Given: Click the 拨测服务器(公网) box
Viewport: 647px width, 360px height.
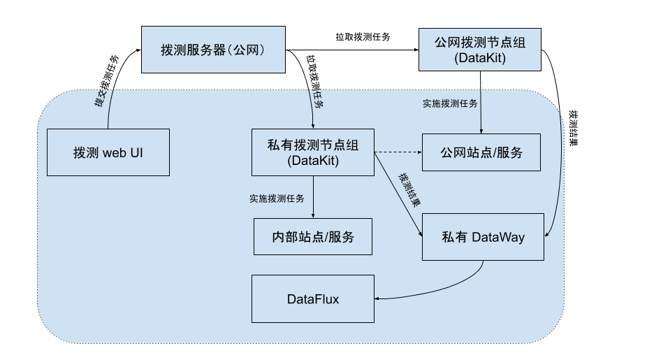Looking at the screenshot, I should [213, 50].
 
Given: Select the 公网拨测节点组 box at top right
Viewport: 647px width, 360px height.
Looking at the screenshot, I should [479, 50].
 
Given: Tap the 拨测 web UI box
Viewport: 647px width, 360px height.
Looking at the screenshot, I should [108, 152].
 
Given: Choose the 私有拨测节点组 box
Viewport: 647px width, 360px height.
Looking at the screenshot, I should [313, 152].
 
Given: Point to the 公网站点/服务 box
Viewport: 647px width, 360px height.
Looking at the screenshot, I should [481, 152].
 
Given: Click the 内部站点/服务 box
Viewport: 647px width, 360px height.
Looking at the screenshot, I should [312, 237].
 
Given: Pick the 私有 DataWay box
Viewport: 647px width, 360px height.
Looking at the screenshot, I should [483, 237].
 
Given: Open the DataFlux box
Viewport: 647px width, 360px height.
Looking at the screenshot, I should [312, 299].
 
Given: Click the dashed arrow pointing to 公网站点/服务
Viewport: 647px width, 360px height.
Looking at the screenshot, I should [398, 152].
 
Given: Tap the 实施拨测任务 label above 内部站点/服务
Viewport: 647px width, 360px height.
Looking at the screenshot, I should [277, 199].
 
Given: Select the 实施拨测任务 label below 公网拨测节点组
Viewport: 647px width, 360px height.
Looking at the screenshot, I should [450, 103].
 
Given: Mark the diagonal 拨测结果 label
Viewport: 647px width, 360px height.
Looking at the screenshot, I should [409, 189].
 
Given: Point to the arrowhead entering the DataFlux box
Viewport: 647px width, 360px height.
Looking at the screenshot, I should [378, 299].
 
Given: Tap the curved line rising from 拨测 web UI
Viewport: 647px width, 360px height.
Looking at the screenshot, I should [115, 98].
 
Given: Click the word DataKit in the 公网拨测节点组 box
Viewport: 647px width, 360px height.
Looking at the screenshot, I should [479, 59].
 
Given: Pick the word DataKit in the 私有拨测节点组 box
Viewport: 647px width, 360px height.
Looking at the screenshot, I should [313, 161].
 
